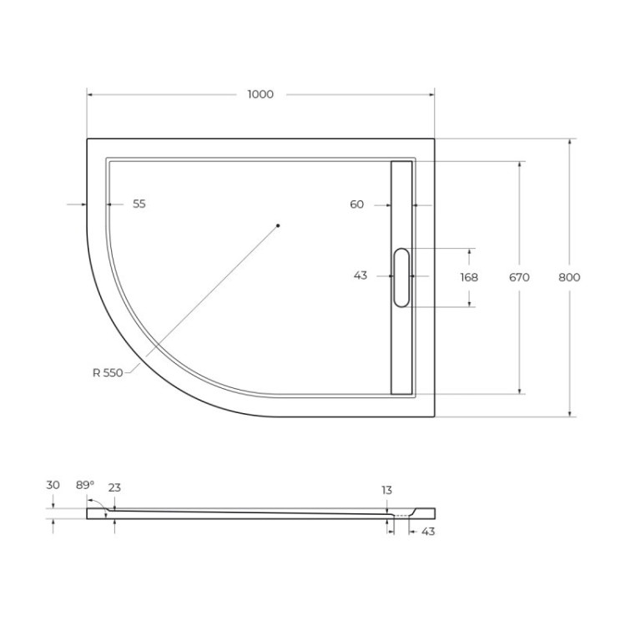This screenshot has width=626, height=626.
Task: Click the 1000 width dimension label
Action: tap(260, 94)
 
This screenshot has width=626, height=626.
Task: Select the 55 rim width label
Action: tap(139, 204)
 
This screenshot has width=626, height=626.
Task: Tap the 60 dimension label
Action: tap(357, 204)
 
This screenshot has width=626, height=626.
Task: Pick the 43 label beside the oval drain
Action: tap(361, 276)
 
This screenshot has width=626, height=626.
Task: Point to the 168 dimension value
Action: tap(469, 277)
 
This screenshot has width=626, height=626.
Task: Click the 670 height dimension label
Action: tap(519, 277)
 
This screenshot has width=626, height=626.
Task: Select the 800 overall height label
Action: tap(570, 277)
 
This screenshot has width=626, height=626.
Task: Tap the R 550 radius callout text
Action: tap(108, 373)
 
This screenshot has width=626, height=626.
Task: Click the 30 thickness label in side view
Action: tap(53, 484)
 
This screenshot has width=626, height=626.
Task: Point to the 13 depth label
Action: tap(386, 491)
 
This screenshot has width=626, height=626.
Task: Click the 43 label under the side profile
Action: tap(427, 532)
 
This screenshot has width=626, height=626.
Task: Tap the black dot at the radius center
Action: tap(279, 225)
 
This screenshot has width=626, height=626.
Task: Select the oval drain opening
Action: tap(401, 277)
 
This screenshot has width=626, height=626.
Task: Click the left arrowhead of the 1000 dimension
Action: tap(91, 94)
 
